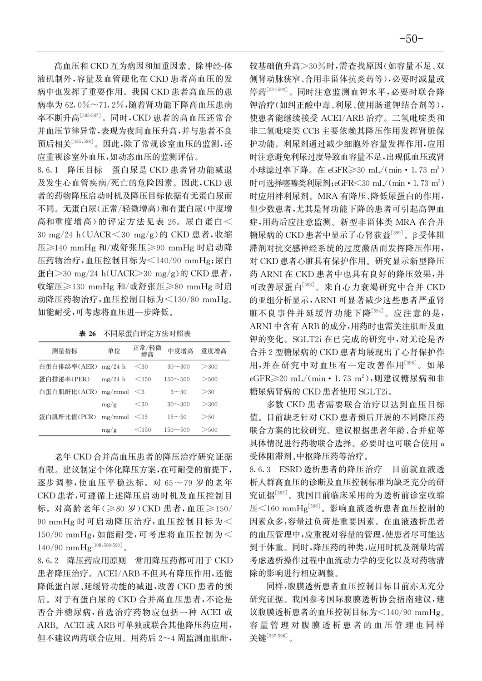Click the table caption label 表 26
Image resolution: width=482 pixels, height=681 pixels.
[88, 334]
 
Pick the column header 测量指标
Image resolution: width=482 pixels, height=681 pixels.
[65, 351]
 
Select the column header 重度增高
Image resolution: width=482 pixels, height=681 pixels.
[214, 351]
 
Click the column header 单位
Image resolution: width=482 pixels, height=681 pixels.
[114, 351]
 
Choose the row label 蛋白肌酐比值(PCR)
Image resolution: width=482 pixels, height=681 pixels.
[68, 417]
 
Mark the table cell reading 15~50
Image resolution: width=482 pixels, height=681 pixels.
[177, 417]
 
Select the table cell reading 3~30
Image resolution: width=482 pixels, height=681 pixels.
[177, 392]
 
